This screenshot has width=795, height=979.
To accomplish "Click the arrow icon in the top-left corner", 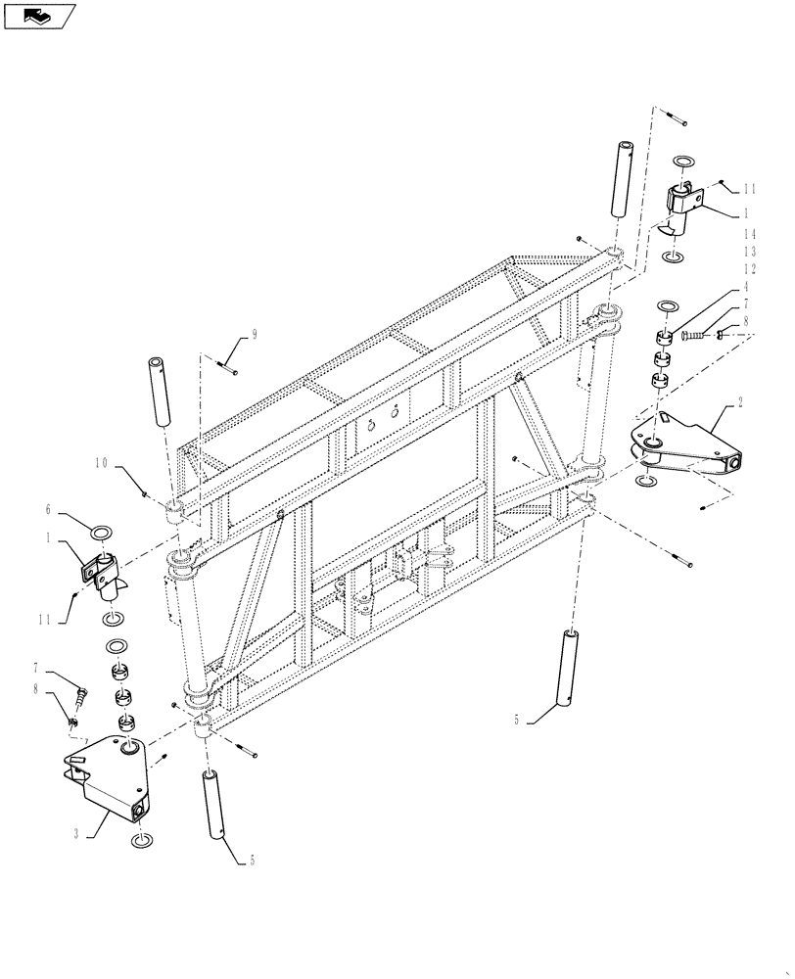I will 38,15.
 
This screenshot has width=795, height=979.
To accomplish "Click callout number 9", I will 255,334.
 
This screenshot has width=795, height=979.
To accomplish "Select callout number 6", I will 47,509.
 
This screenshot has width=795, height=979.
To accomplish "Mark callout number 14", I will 749,234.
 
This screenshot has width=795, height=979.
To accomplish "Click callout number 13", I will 749,252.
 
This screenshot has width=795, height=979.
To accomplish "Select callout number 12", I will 749,269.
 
